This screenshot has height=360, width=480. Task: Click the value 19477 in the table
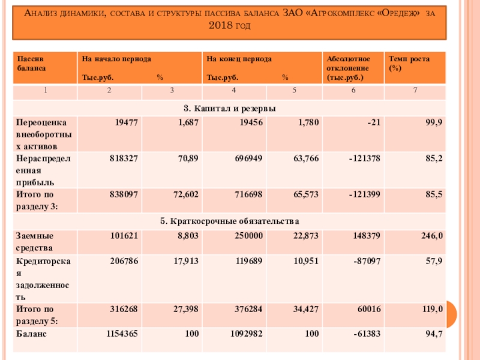126,122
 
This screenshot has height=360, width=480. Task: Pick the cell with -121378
362,158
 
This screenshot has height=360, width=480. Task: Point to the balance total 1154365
122,333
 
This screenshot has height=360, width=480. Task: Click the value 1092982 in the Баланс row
246,333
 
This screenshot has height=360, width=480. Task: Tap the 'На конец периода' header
239,59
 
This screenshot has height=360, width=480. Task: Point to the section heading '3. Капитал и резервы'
230,108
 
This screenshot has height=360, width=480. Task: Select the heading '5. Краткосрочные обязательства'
230,221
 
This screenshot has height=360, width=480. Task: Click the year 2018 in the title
221,26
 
